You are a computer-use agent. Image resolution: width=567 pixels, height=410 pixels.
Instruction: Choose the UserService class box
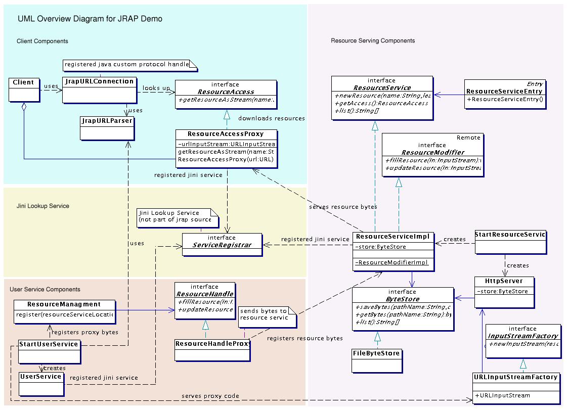41,384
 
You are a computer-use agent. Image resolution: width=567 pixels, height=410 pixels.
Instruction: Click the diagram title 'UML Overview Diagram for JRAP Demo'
90,19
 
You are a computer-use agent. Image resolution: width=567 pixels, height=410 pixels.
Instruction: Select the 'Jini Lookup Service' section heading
43,206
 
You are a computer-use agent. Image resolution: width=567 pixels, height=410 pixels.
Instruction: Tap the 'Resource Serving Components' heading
373,41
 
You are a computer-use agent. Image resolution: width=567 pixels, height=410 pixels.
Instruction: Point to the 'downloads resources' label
271,118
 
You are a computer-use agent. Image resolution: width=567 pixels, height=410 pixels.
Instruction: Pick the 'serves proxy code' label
210,395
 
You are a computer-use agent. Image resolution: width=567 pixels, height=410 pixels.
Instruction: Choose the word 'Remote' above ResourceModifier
468,138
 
